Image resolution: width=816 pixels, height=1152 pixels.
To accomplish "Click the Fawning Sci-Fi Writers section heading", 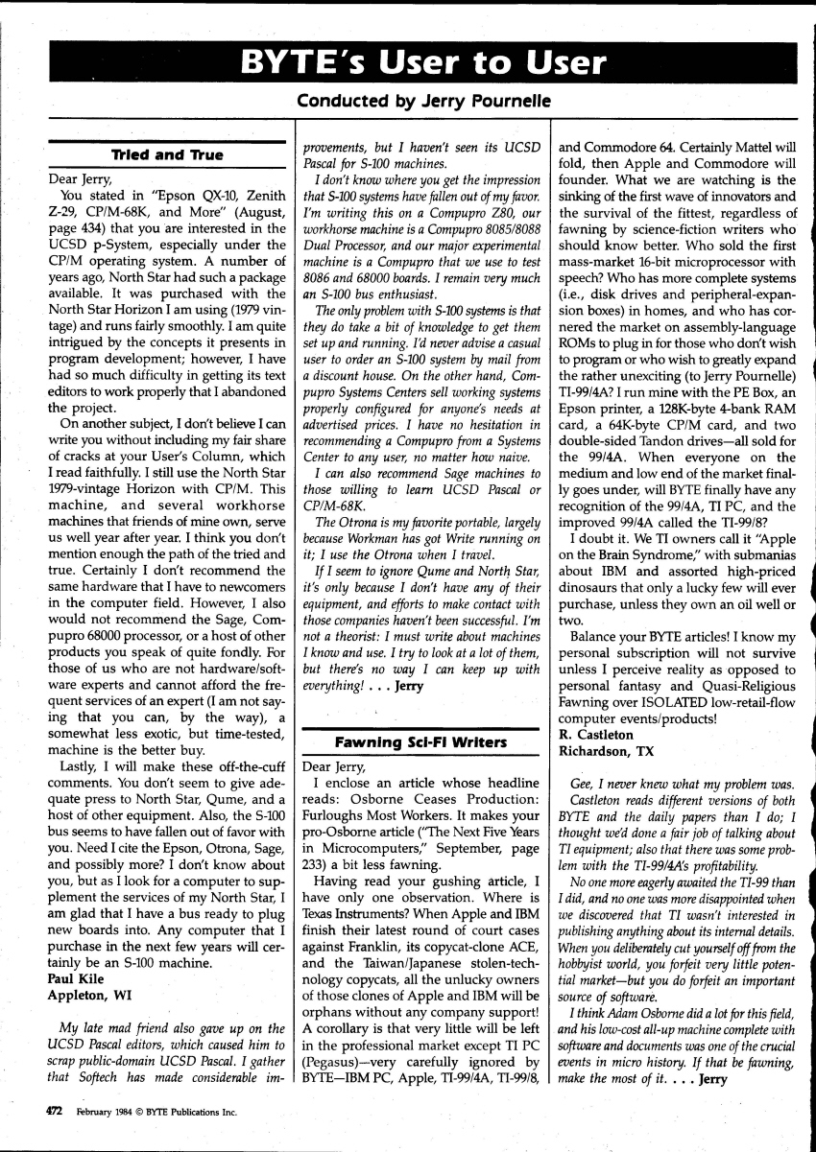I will click(421, 742).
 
